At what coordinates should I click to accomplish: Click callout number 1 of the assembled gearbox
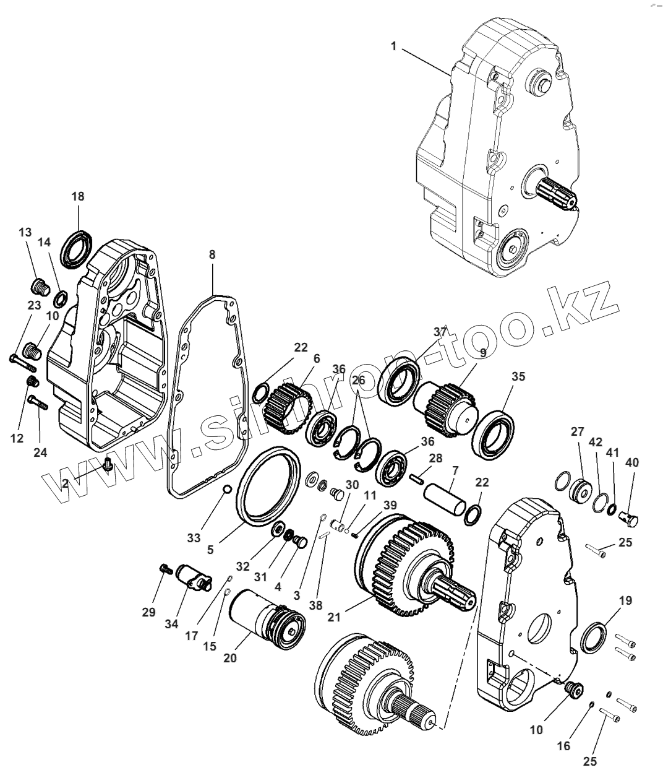tap(393, 46)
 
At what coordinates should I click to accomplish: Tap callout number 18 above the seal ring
tap(78, 196)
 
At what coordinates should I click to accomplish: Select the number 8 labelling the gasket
tap(212, 254)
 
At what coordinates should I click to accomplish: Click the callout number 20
tap(230, 659)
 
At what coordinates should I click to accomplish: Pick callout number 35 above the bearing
tap(518, 376)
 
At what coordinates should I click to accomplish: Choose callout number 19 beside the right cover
tap(625, 600)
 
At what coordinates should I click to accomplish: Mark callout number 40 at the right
tap(633, 462)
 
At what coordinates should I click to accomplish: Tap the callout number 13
tap(25, 232)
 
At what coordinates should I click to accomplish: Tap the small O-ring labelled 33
tap(226, 490)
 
